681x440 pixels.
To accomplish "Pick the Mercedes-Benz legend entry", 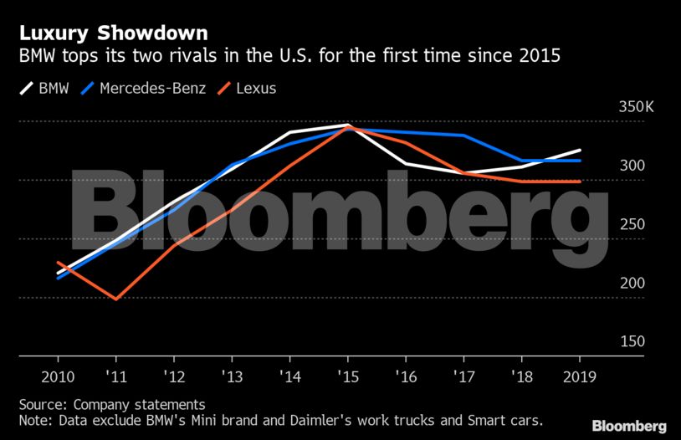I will (x=147, y=88).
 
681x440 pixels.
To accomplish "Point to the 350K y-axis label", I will (x=625, y=108).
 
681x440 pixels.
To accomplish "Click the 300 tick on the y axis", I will (x=632, y=166).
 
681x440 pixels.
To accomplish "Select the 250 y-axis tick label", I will (x=632, y=225).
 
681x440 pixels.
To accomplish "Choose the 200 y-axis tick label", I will (x=632, y=284).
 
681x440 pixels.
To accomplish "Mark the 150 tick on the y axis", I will (x=632, y=342).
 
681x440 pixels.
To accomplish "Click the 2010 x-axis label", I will (x=58, y=376).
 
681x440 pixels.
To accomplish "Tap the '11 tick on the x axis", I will (x=115, y=376).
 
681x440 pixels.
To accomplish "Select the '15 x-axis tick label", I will (x=347, y=376).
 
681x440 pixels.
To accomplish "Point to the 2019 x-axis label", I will (x=580, y=376).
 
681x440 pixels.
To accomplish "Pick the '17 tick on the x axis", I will (x=463, y=376).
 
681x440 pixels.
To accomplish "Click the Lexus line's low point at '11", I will (x=115, y=299).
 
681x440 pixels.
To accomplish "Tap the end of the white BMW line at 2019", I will (x=580, y=151).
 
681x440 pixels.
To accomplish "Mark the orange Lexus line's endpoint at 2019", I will (x=580, y=182).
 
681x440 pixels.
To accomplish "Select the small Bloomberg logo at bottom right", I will (x=629, y=426).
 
